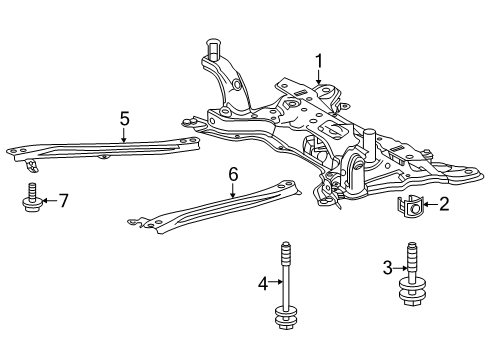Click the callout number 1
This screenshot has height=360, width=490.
(319, 61)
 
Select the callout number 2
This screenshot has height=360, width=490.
(444, 204)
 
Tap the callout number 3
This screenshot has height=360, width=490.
(387, 268)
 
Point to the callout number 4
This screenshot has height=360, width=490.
(263, 284)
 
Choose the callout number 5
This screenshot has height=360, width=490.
(124, 119)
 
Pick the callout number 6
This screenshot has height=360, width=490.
(233, 174)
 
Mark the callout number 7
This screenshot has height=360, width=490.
(63, 201)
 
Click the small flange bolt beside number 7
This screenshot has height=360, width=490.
(32, 198)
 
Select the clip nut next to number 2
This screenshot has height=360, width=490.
(410, 206)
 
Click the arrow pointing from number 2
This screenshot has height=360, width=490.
(430, 204)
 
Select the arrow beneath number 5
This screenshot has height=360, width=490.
(124, 135)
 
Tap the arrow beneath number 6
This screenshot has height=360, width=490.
(233, 191)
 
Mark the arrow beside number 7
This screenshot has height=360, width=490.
(49, 201)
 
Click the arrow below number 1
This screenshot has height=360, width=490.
(319, 77)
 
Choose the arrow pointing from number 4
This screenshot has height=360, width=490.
(276, 282)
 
